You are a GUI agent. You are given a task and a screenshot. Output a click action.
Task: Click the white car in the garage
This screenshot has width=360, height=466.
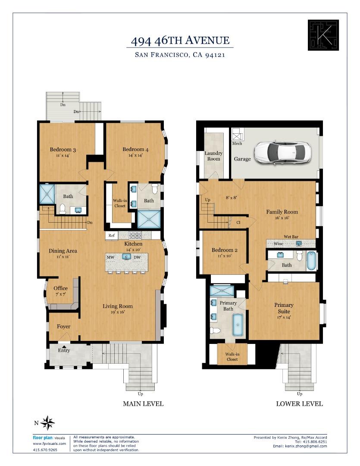[x=283, y=152]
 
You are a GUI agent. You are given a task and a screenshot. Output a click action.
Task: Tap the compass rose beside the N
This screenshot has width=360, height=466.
[x=48, y=422]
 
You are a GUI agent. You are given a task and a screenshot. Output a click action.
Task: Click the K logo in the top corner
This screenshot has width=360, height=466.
[x=320, y=35]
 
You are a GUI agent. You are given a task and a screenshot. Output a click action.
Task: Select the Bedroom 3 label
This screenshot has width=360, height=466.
[x=63, y=150]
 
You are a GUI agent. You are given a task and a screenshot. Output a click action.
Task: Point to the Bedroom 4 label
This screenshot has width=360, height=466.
[x=135, y=150]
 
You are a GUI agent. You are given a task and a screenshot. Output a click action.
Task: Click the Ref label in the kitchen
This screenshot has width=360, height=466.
[x=112, y=236]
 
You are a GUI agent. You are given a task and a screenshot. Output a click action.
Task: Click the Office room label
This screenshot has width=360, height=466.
[x=61, y=289]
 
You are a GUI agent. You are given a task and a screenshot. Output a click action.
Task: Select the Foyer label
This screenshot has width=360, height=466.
[x=63, y=327]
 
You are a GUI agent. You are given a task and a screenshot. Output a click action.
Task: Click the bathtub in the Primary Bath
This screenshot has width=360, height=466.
[x=238, y=325]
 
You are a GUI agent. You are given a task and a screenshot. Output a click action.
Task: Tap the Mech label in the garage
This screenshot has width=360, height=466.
[x=237, y=143]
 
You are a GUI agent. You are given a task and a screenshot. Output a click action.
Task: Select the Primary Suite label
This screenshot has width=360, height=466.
[x=284, y=308]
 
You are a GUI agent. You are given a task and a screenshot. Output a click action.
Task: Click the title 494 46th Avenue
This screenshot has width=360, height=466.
[x=180, y=41]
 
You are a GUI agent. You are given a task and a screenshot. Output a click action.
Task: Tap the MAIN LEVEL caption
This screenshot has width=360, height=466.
[x=143, y=404]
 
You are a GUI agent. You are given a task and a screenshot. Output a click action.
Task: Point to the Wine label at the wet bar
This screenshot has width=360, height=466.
[x=279, y=244]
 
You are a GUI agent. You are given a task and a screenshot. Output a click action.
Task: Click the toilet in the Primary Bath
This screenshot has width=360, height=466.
[x=216, y=331]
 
